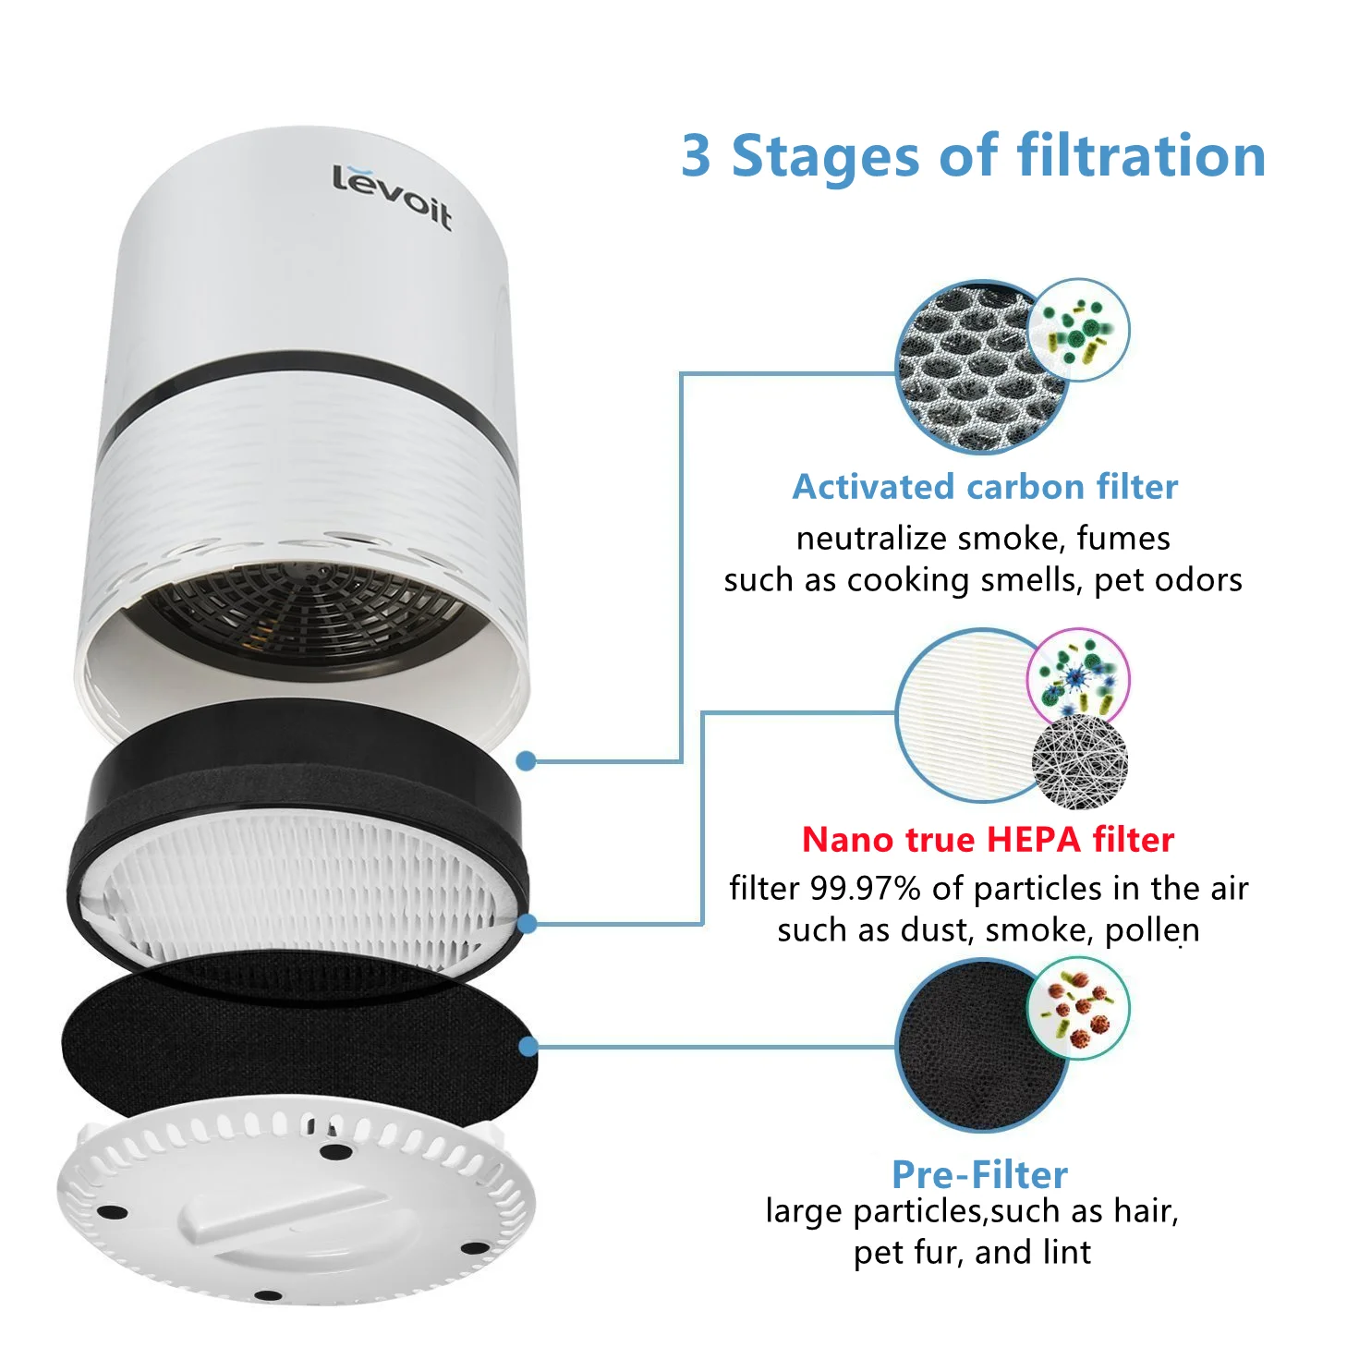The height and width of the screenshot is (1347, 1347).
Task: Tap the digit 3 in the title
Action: pyautogui.click(x=697, y=156)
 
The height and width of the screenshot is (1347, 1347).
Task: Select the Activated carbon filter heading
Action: pyautogui.click(x=985, y=487)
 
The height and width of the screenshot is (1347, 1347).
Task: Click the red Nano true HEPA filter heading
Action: pyautogui.click(x=988, y=839)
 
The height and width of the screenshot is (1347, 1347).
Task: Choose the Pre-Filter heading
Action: pyautogui.click(x=979, y=1174)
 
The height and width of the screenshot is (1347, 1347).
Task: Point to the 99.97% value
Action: pyautogui.click(x=865, y=889)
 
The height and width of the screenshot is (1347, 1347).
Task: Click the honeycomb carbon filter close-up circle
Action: pyautogui.click(x=970, y=370)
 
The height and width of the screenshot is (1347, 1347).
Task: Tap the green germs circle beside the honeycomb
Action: pyautogui.click(x=1079, y=330)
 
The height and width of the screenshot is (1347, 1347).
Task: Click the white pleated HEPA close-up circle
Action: pyautogui.click(x=965, y=716)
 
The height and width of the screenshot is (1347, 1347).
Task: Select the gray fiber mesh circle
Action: pyautogui.click(x=1079, y=763)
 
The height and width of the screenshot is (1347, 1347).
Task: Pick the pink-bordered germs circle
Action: pyautogui.click(x=1078, y=677)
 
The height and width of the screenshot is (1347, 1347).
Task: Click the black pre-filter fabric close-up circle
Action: pyautogui.click(x=970, y=1049)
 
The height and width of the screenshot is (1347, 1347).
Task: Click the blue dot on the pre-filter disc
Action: pyautogui.click(x=528, y=1047)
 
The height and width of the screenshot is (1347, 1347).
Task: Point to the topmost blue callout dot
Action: pyautogui.click(x=526, y=760)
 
